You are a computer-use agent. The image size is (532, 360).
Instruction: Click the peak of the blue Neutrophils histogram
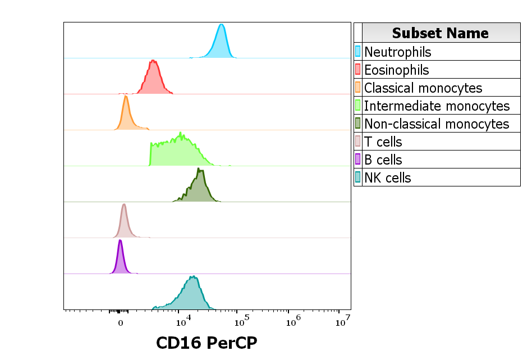point(222,25)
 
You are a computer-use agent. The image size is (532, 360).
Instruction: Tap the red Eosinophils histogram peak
point(153,61)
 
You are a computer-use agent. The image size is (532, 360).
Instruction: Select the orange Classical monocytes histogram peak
point(126,97)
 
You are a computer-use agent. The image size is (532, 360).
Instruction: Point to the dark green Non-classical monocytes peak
point(199,168)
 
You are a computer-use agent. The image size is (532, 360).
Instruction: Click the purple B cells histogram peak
point(120,241)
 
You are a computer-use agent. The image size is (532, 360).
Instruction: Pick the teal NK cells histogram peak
point(192,276)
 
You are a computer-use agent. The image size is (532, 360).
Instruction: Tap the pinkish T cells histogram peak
point(123,205)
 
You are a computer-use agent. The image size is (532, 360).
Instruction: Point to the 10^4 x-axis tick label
point(184,322)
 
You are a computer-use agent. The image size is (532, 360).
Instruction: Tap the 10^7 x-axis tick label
point(343,322)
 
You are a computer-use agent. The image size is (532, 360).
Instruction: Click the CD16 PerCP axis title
point(206,343)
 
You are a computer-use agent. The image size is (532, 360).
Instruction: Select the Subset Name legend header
point(441,33)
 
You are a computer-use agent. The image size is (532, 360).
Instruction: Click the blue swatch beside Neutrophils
point(357,52)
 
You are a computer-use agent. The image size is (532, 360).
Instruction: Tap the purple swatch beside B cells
point(357,160)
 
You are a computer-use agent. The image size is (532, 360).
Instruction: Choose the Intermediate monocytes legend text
point(437,106)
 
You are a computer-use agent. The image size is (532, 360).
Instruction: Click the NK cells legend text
point(388,177)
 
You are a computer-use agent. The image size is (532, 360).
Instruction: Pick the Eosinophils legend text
point(396,70)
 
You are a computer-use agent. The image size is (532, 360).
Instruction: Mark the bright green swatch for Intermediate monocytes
point(357,106)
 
